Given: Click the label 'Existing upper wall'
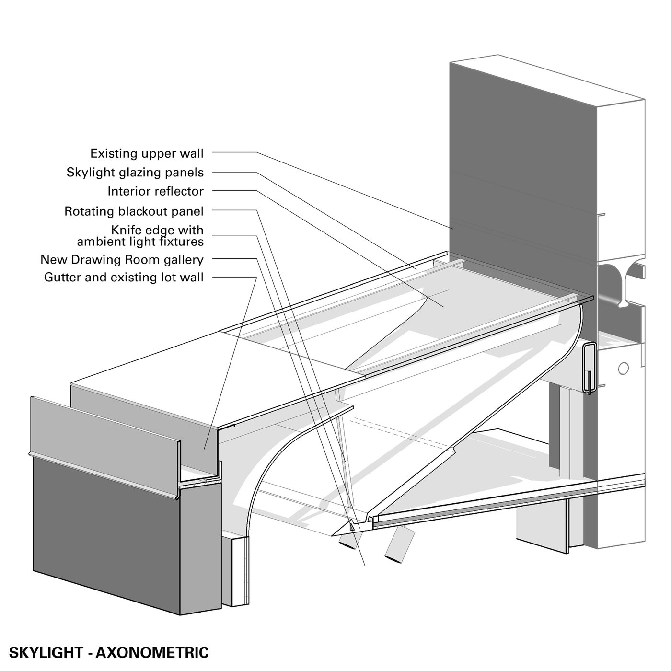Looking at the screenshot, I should (x=147, y=153).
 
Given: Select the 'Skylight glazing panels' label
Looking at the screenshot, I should (x=135, y=173).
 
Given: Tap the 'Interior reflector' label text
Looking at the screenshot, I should (x=155, y=192).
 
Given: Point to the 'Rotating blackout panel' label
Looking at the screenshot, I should (x=134, y=211).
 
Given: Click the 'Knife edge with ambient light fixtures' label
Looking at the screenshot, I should (x=140, y=236).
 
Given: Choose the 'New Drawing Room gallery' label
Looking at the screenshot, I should (x=122, y=260).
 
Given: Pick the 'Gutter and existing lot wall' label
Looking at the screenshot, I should (x=124, y=278).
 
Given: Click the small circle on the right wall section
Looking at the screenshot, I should (x=623, y=368).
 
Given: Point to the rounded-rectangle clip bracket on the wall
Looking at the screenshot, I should (x=589, y=368).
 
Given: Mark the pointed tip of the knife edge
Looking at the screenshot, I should (x=332, y=534).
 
